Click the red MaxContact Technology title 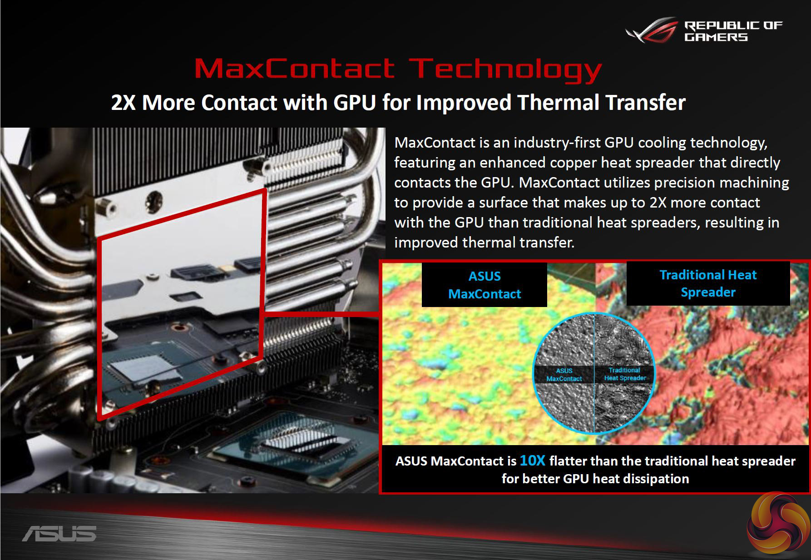pyautogui.click(x=398, y=69)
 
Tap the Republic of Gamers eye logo pyautogui.click(x=651, y=31)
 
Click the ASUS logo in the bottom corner pyautogui.click(x=59, y=534)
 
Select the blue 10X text pyautogui.click(x=532, y=461)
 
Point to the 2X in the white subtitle pyautogui.click(x=124, y=103)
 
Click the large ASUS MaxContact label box pyautogui.click(x=485, y=285)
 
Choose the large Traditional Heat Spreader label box pyautogui.click(x=708, y=283)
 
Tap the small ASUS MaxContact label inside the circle pyautogui.click(x=564, y=375)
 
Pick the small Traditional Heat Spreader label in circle pyautogui.click(x=625, y=374)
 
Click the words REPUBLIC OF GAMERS pyautogui.click(x=733, y=31)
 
